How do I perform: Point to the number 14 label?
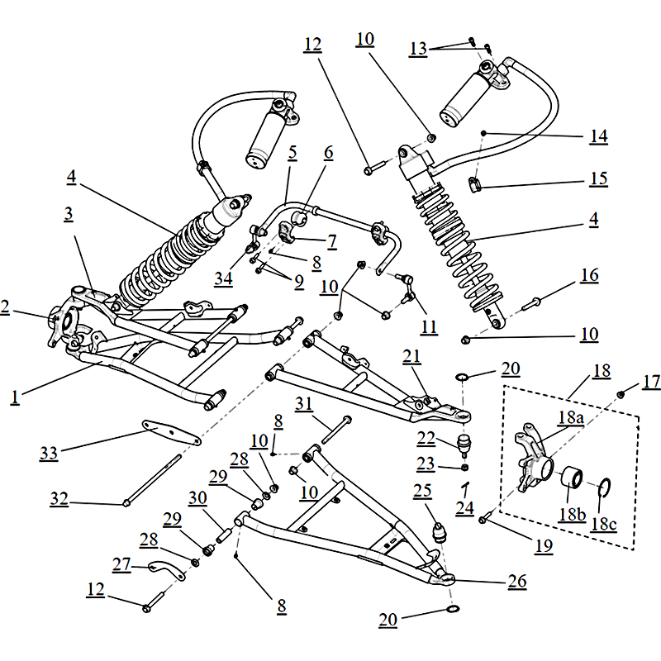point(598,136)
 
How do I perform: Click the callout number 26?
point(516,582)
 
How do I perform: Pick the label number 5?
point(292,153)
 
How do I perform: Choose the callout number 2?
point(5,307)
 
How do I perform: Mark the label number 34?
point(222,278)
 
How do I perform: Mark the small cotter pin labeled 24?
point(465,486)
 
